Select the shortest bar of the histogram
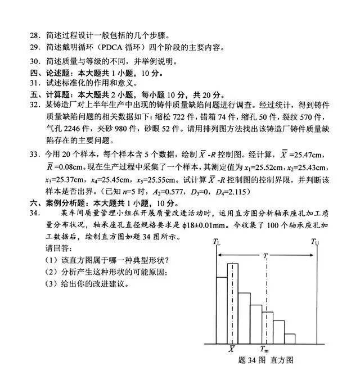click(289, 338)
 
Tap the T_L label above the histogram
click(217, 242)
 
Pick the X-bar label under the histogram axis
click(231, 350)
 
